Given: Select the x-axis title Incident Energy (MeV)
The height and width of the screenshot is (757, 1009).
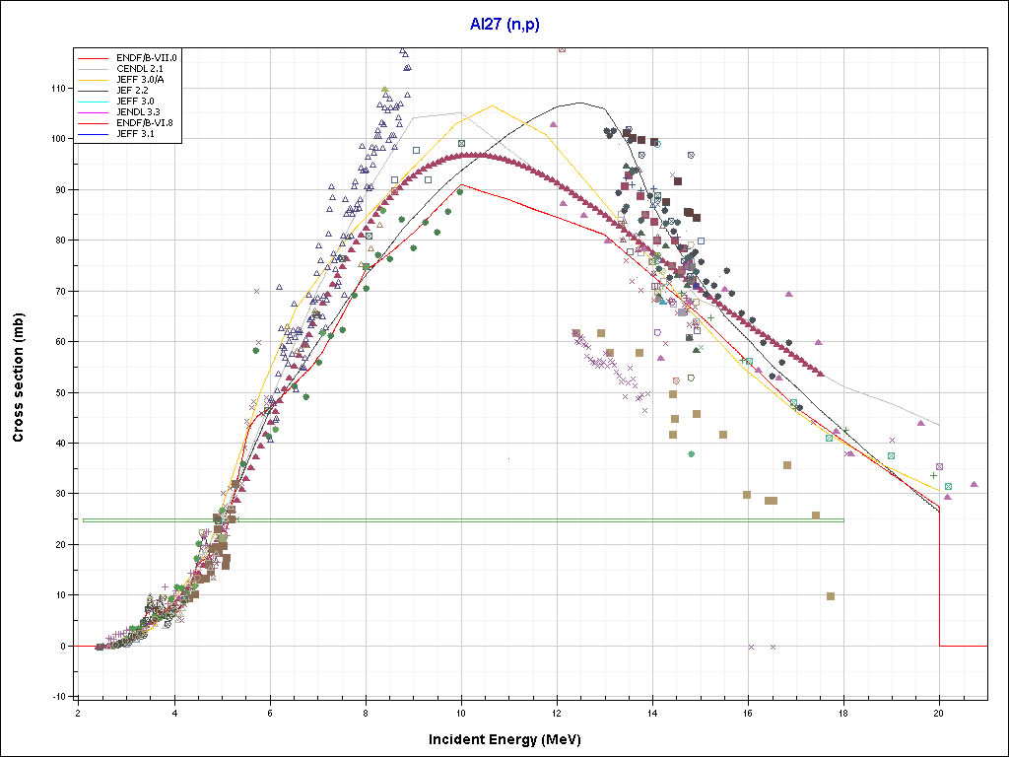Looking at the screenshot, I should click(x=511, y=739).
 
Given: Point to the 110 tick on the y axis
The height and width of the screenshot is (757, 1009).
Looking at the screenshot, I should click(x=60, y=89).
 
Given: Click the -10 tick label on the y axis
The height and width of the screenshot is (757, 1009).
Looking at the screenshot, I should click(x=60, y=697).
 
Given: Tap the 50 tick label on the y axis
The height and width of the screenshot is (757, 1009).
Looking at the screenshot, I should click(x=62, y=392).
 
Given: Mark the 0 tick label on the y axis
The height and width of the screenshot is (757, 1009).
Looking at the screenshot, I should click(x=65, y=647).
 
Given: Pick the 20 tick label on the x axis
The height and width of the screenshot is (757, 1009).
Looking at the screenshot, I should click(x=939, y=713).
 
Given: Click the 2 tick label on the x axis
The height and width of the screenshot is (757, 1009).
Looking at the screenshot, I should click(x=79, y=713).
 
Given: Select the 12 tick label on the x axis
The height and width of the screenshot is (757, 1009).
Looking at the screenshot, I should click(x=557, y=713).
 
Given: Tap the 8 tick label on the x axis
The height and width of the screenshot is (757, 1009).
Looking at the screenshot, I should click(x=366, y=713).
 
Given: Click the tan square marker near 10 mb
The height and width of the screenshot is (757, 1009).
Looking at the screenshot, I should click(x=831, y=596).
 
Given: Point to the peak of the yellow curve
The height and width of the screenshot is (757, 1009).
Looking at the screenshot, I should click(x=492, y=105).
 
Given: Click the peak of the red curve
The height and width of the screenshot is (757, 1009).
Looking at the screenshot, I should click(x=462, y=184).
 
